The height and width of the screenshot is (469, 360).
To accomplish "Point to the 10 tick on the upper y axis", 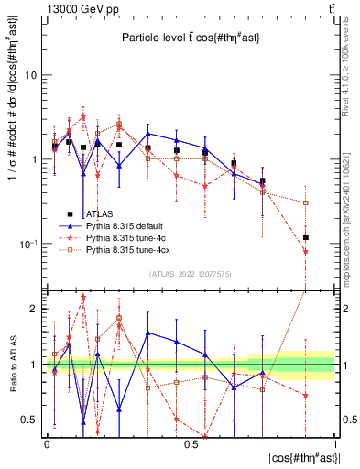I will click(30, 76).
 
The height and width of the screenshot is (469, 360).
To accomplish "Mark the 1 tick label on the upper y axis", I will click(33, 160).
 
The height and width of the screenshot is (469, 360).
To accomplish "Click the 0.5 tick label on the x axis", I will click(191, 444).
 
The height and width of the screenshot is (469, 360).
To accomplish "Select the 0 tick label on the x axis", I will click(46, 444).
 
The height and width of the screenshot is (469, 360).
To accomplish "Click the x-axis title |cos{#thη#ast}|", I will click(302, 458).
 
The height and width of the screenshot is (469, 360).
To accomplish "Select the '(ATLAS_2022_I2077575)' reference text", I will click(191, 274).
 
